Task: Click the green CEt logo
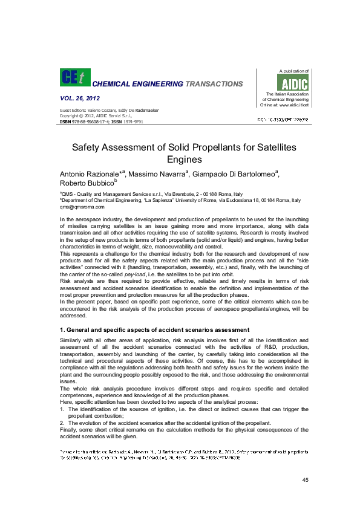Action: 74,77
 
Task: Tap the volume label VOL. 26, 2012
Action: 80,98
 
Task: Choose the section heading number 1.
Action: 62,329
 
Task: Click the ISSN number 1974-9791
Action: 133,122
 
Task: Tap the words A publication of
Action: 293,71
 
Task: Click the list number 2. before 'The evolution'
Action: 62,423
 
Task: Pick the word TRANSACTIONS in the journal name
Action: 215,84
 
